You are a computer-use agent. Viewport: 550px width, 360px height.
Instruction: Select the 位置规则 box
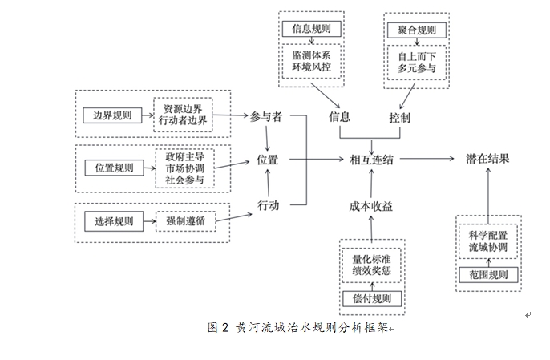click(113, 168)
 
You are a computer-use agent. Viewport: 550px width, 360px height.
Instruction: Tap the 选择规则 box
click(113, 220)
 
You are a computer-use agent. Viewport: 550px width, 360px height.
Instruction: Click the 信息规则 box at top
click(313, 30)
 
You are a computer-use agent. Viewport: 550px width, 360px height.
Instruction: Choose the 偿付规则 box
click(371, 299)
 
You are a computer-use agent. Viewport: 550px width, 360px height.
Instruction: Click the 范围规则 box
click(488, 275)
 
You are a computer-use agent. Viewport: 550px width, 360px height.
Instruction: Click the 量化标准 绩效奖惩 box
click(371, 265)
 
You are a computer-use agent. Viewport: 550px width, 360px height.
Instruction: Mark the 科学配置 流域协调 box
click(488, 241)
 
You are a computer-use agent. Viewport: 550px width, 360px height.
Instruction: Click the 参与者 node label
click(266, 117)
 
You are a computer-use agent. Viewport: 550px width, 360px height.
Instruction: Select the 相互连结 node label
click(371, 160)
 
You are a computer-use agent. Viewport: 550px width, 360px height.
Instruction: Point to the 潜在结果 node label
click(487, 160)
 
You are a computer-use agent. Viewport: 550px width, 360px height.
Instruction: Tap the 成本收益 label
click(371, 206)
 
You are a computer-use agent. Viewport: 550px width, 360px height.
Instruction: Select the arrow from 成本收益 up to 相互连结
click(371, 183)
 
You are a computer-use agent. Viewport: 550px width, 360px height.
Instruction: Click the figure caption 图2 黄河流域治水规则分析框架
click(297, 328)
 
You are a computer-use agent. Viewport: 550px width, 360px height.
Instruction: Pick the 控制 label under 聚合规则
click(400, 117)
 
